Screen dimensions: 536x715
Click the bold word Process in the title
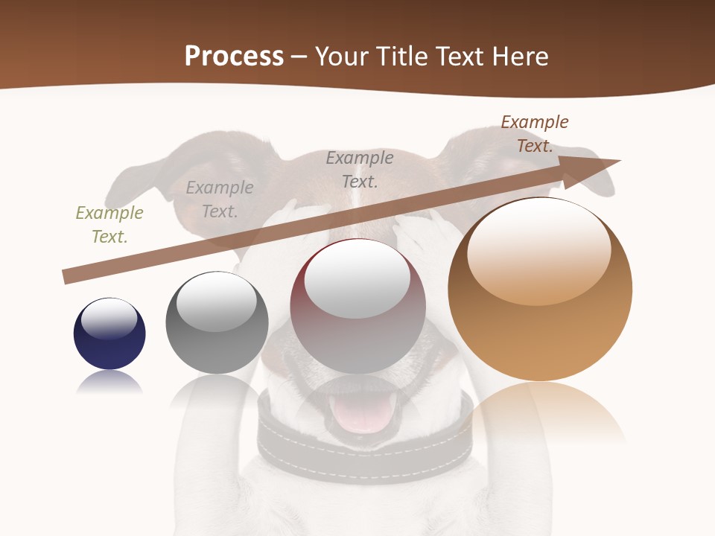[234, 57]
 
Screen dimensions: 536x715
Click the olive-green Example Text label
[109, 225]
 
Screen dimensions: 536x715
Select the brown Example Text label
[535, 134]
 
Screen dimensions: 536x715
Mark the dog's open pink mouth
[365, 414]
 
